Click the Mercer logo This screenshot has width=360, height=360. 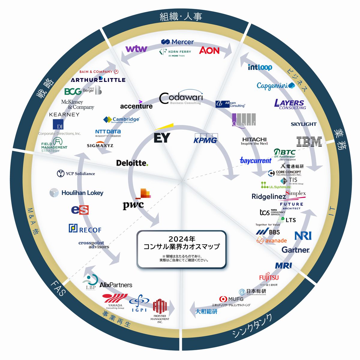click(178, 42)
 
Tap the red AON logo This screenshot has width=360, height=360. click(209, 50)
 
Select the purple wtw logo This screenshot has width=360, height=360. click(136, 49)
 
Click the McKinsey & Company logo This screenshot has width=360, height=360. click(77, 104)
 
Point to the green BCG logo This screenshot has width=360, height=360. click(73, 91)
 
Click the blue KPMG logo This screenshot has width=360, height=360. click(205, 139)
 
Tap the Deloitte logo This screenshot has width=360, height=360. click(132, 163)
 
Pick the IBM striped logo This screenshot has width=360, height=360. click(309, 142)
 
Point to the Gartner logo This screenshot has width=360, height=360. click(295, 250)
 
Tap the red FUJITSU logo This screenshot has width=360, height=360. click(269, 278)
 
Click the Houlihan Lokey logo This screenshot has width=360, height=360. click(77, 193)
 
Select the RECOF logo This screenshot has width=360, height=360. click(85, 229)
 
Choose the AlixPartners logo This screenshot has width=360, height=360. click(116, 285)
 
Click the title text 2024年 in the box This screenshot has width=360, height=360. click(182, 239)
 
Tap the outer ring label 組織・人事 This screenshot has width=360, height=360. click(181, 16)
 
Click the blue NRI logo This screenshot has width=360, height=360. click(303, 235)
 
